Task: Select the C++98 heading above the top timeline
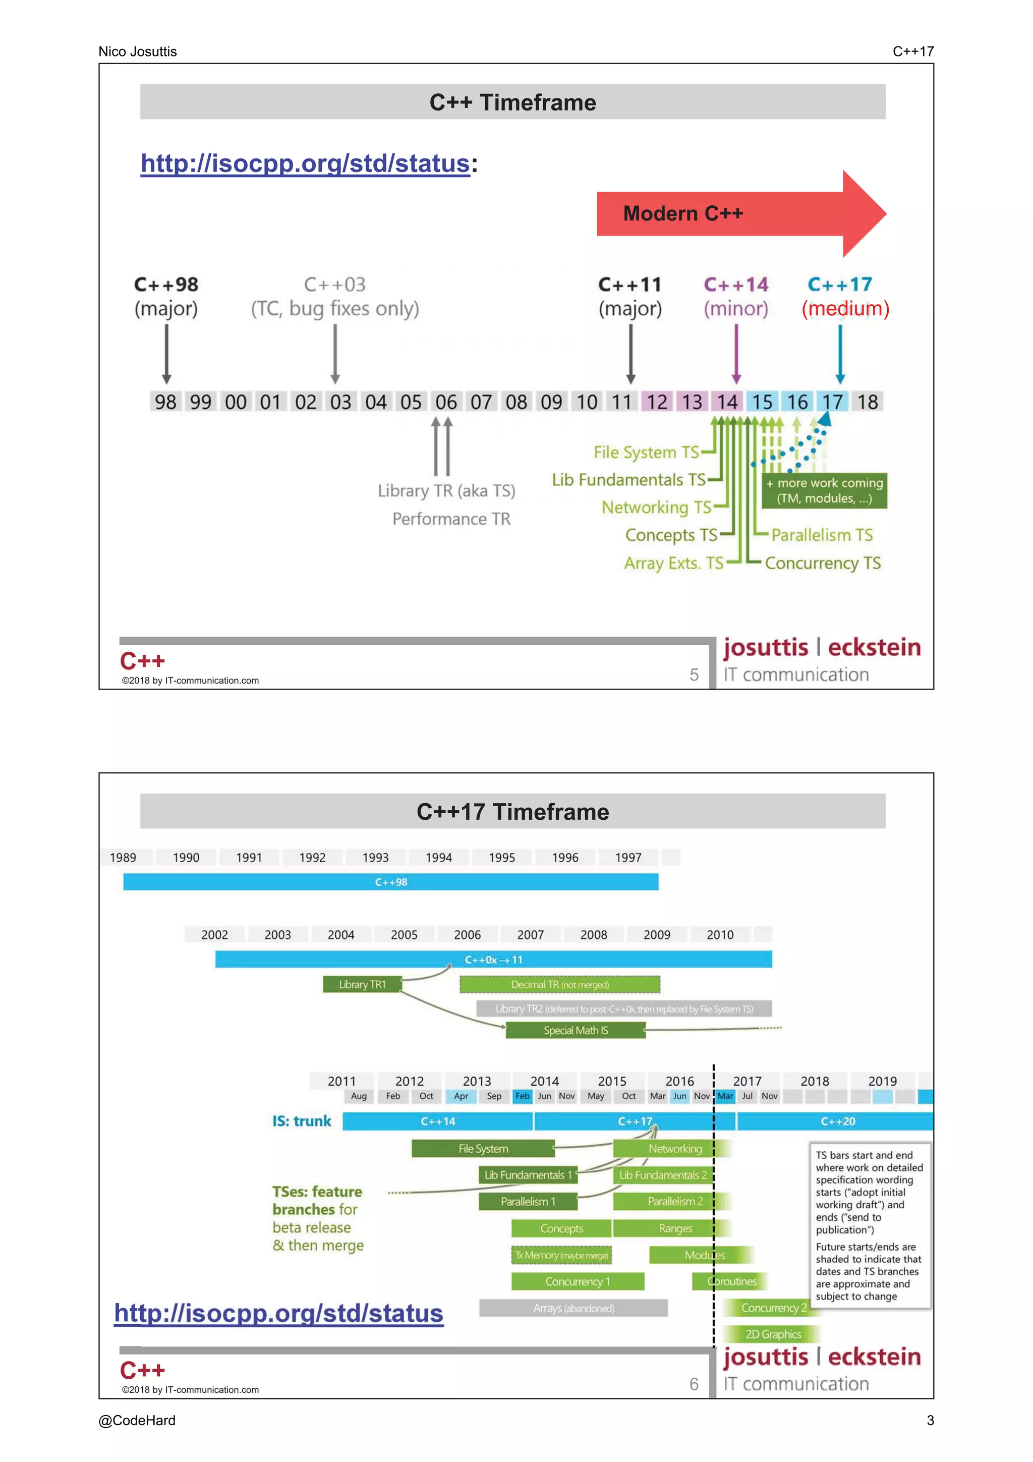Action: [166, 285]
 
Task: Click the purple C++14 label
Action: [736, 285]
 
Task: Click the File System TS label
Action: [646, 452]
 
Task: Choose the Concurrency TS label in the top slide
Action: [822, 563]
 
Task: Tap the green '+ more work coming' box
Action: [824, 490]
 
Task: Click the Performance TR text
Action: [451, 519]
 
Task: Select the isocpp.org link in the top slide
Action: [305, 163]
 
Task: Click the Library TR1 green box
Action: [362, 984]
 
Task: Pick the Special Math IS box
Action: [576, 1030]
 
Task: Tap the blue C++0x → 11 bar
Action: [493, 960]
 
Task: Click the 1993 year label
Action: [375, 858]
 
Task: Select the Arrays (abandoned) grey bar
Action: [573, 1308]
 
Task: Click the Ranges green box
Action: [675, 1228]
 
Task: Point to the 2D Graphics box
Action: [773, 1334]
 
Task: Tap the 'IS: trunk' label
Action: [302, 1121]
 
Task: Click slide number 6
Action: [694, 1384]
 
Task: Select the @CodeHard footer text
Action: [137, 1421]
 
